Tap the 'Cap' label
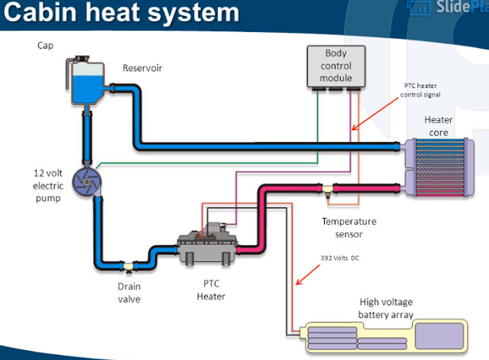[45, 45]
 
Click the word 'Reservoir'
[143, 68]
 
